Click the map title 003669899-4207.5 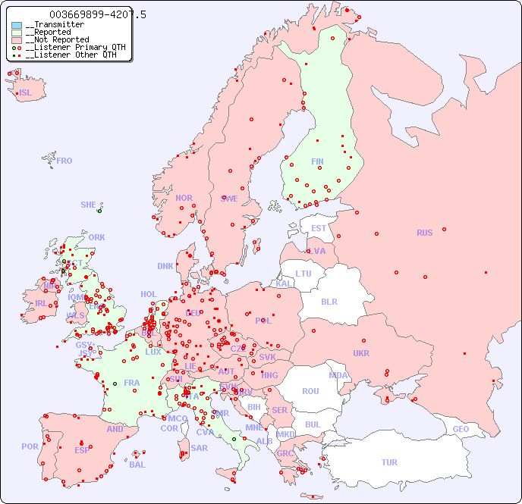click(97, 14)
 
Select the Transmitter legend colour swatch click(17, 25)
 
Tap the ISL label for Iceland click(26, 93)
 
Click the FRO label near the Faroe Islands click(64, 161)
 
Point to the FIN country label click(317, 161)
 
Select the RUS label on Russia click(424, 233)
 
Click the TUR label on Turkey click(389, 462)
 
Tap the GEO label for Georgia click(461, 429)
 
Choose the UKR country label click(361, 353)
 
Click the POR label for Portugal click(30, 446)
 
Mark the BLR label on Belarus click(329, 301)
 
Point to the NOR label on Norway click(184, 198)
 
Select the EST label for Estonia click(319, 228)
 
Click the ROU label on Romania click(310, 391)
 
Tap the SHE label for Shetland click(89, 205)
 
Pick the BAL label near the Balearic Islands click(137, 465)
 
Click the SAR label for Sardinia click(199, 448)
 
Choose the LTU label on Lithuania click(303, 274)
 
